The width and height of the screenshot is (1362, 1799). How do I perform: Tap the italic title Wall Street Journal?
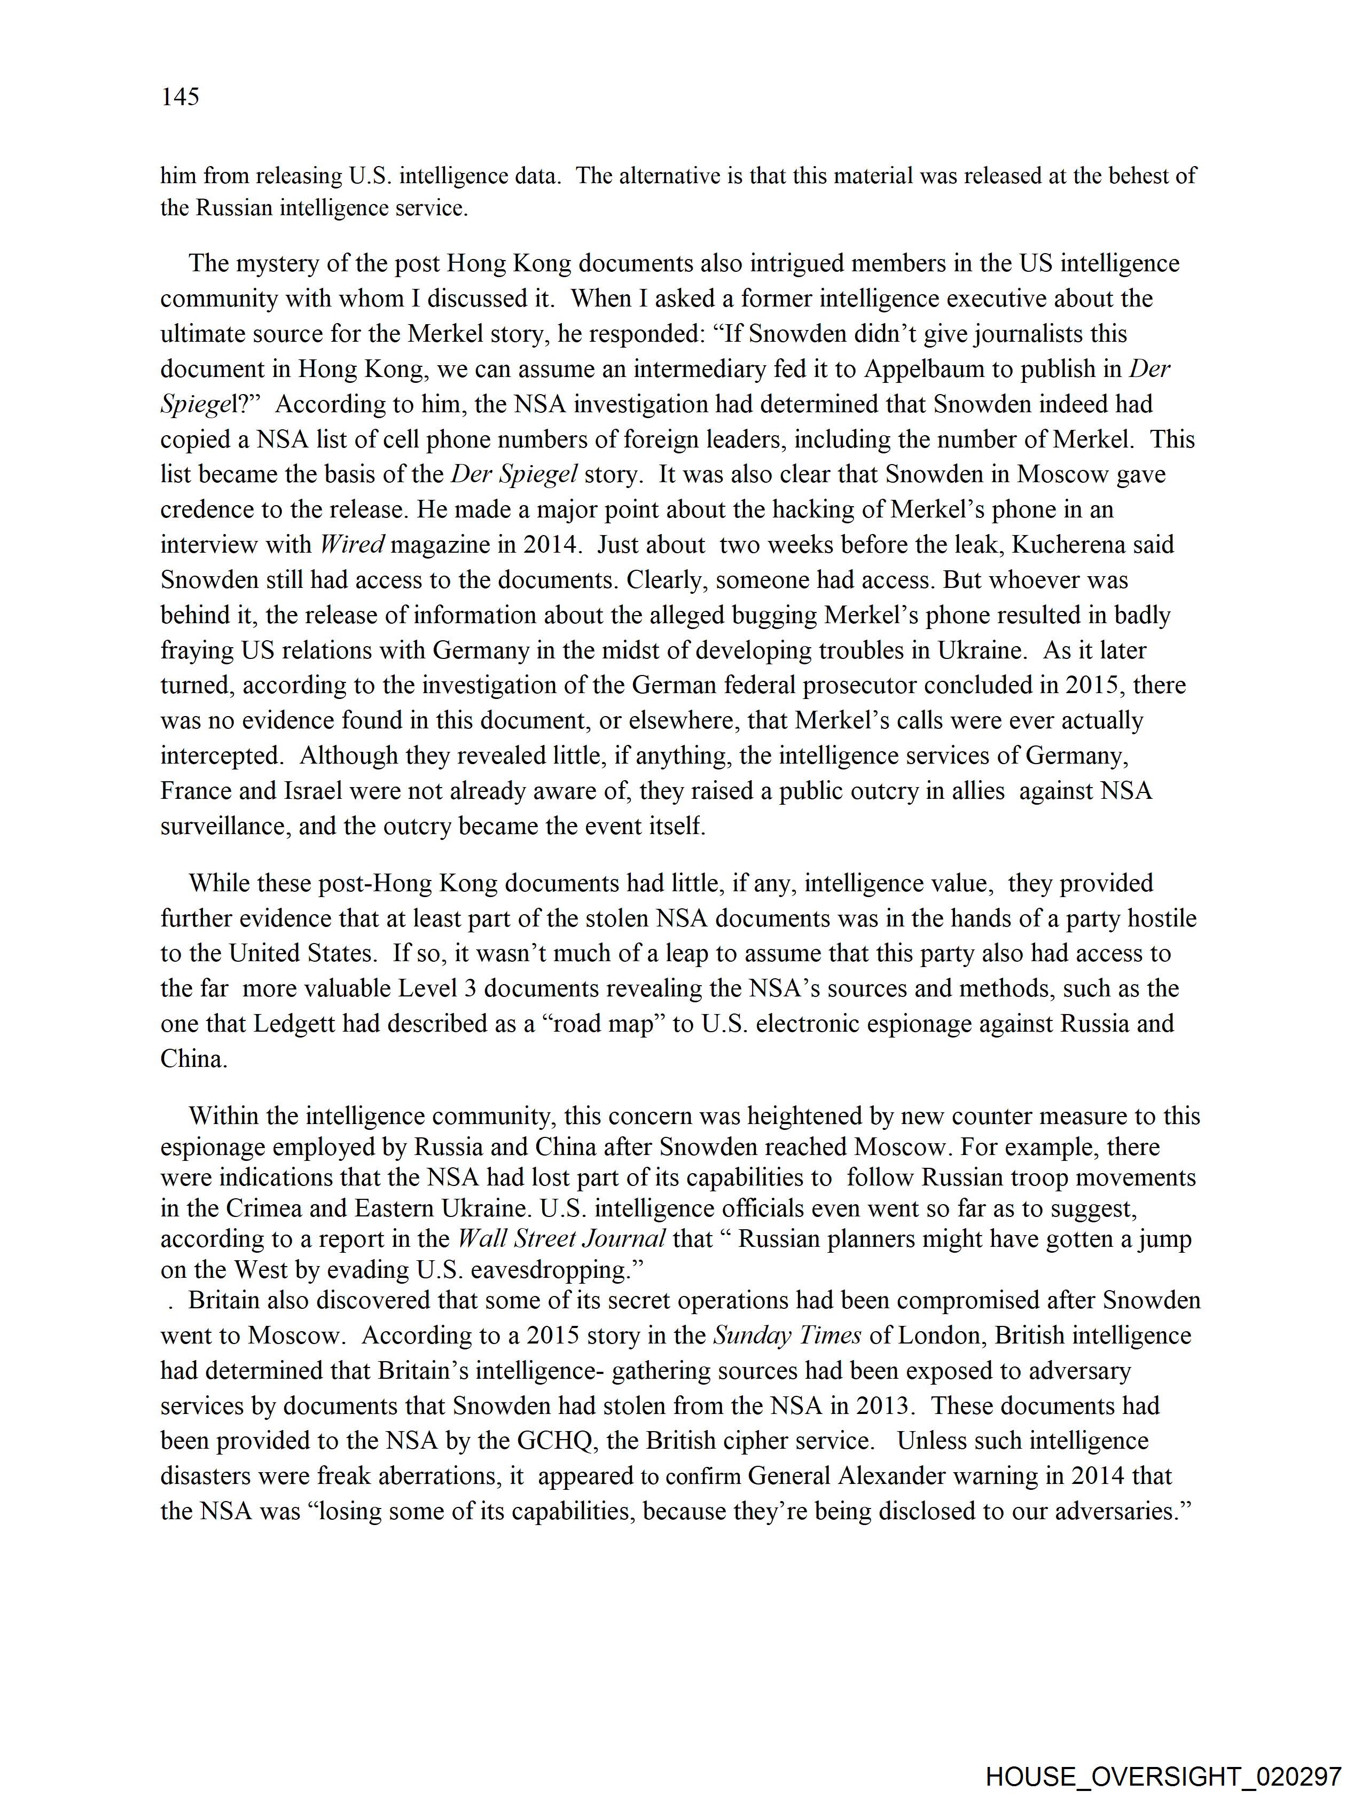[x=561, y=1239]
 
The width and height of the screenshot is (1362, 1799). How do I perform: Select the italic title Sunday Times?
[x=787, y=1335]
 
